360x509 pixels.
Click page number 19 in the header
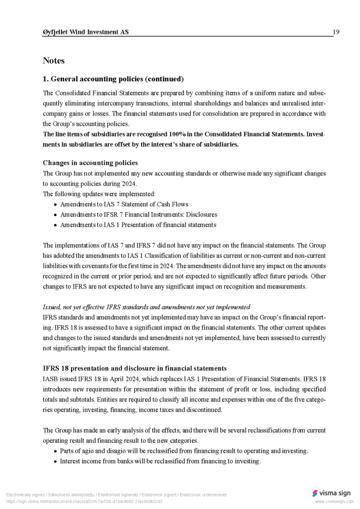[336, 32]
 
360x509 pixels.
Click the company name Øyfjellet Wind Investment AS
[86, 32]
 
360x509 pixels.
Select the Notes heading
[54, 61]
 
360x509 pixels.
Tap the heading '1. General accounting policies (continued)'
[113, 79]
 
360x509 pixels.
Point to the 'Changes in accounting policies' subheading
[90, 163]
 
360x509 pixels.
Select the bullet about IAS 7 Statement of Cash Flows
[124, 204]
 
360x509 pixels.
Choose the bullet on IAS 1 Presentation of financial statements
[138, 225]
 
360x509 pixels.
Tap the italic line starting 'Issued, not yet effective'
[146, 307]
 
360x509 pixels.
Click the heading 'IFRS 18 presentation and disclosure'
[134, 368]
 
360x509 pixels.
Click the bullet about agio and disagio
[183, 451]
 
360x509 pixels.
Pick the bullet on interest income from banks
[160, 461]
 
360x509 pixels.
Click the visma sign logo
[331, 493]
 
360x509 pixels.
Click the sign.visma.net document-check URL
[84, 502]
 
